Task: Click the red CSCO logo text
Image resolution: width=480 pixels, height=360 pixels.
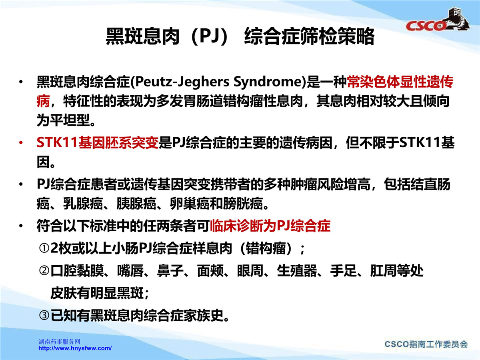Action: (426, 26)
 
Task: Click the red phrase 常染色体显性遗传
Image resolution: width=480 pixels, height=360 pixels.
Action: (400, 82)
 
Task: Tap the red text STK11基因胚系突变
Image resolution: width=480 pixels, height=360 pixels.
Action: (98, 143)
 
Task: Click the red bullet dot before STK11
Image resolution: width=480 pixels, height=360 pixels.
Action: (21, 143)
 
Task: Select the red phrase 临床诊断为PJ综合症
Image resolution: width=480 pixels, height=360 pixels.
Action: (270, 226)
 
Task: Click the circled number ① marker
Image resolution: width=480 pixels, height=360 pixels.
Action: (44, 248)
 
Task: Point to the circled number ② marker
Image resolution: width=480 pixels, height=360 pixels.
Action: (44, 271)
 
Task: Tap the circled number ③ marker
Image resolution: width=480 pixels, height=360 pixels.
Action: (44, 315)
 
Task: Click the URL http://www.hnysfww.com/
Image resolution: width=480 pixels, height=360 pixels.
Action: (75, 348)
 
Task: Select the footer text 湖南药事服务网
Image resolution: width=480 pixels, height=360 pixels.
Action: (59, 342)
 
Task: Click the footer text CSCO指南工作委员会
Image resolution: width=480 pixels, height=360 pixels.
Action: (426, 344)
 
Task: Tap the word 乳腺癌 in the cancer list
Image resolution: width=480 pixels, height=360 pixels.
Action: (83, 204)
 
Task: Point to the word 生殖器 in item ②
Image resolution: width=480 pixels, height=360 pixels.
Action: (297, 271)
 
